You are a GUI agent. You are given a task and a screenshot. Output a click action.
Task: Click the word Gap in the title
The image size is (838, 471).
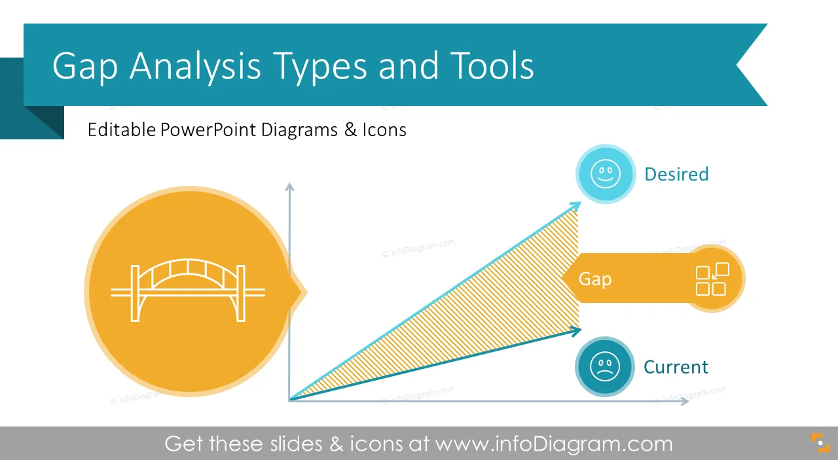coord(85,67)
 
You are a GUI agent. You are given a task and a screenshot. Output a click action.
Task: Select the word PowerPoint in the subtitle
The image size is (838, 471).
coord(208,130)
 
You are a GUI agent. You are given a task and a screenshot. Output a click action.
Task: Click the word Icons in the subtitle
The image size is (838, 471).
coord(384,130)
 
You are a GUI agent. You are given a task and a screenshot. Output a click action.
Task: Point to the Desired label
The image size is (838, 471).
coord(676,175)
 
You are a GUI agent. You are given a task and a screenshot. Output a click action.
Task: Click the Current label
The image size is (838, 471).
coord(676,367)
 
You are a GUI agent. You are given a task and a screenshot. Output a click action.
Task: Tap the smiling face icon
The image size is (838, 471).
coord(606,174)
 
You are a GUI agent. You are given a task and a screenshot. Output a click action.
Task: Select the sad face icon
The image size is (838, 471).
coord(604,366)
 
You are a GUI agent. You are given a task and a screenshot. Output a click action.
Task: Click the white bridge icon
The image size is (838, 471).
coord(188,290)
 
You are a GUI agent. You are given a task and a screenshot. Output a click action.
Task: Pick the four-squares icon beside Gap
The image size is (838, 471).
coord(712,279)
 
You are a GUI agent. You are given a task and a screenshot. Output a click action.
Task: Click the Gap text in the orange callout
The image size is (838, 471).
coord(595,279)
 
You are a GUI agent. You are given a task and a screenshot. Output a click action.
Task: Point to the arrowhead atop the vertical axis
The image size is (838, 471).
coord(289,186)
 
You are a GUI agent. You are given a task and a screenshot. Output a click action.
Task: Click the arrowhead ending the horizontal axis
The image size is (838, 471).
coord(685,401)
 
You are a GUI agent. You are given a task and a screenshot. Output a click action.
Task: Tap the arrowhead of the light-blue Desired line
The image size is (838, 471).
coord(575,206)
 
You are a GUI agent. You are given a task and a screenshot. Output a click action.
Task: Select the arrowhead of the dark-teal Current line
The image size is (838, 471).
coord(575,331)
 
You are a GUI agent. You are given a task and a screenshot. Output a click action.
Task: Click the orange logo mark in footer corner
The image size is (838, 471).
coord(820,443)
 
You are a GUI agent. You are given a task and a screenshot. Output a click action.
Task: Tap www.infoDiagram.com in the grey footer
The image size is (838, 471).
coord(554,444)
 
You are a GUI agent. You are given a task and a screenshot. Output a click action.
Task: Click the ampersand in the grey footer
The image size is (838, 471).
coord(337,444)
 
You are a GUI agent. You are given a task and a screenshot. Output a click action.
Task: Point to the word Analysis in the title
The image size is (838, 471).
coord(195,67)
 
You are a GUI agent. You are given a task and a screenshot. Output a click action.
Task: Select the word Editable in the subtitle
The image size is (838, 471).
coord(122,130)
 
